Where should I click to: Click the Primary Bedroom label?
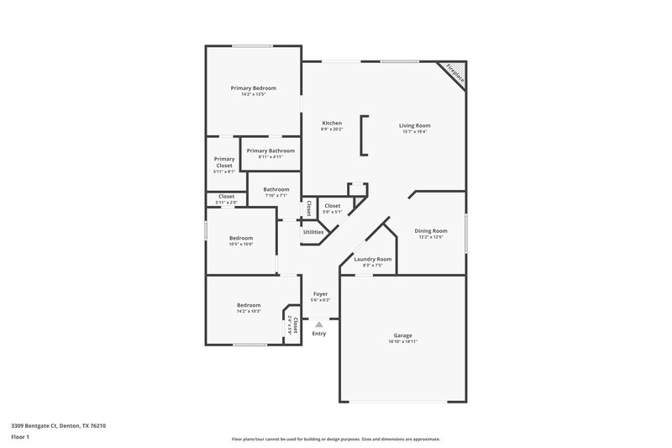coord(254,88)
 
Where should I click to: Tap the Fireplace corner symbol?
coord(454,73)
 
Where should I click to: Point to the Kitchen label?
coord(331,123)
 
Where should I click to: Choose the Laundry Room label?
coord(372,259)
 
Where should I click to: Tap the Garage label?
coord(403,335)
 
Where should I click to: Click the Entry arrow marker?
coord(318,324)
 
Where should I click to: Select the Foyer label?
coord(320,293)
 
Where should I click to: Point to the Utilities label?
coord(313,232)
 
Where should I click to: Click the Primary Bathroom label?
coord(270,150)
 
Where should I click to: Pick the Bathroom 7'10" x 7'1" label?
coord(276,189)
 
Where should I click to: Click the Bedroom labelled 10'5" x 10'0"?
coord(241,238)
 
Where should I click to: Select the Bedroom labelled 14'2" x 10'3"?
coord(248,305)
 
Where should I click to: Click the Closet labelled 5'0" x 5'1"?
coord(333,206)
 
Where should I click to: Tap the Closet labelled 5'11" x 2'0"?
coord(226,196)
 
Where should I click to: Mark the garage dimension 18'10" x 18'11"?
coord(403,342)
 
